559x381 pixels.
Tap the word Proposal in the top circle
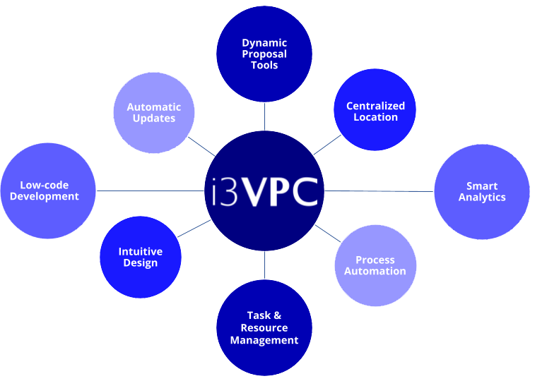click(x=264, y=54)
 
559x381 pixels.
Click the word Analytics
click(x=482, y=198)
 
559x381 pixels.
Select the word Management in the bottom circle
click(x=264, y=340)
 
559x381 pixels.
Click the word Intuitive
click(x=141, y=252)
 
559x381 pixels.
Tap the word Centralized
click(x=375, y=106)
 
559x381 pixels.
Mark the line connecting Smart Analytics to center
click(x=378, y=191)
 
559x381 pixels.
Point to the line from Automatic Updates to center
click(x=202, y=146)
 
